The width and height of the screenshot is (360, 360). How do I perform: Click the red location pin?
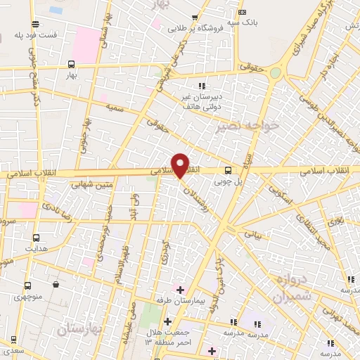(x=180, y=165)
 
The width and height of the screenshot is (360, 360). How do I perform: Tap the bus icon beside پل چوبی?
(x=228, y=170)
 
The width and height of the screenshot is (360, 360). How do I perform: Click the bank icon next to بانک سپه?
(x=243, y=11)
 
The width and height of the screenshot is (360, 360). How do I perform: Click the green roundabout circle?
(x=276, y=73)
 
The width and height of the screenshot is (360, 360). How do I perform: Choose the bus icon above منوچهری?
(x=27, y=286)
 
